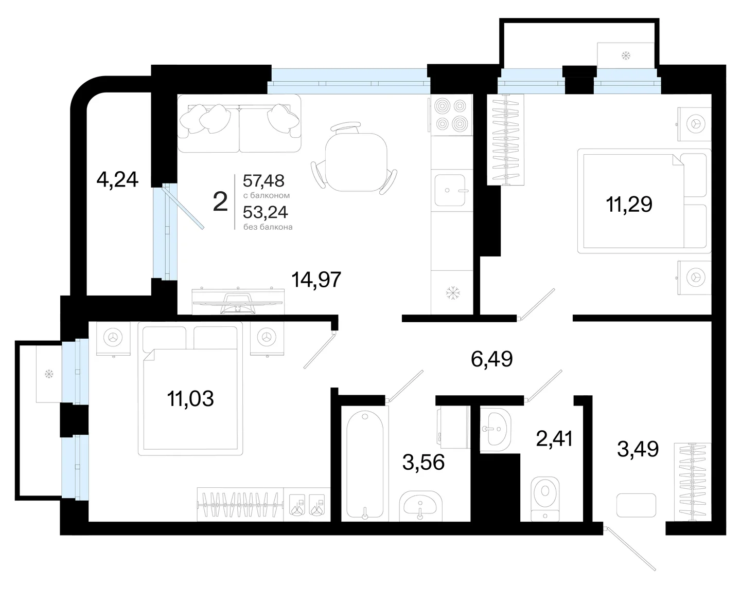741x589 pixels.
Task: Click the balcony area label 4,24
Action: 117,180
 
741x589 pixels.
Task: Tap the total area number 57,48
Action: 263,180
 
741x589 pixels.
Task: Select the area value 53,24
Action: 265,212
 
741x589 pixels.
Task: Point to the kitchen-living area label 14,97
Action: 316,280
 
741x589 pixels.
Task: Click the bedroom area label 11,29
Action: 629,205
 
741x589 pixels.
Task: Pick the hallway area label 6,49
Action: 492,360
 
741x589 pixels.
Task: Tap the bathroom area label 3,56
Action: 423,462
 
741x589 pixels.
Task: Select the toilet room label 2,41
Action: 554,438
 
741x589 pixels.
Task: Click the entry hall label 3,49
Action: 638,449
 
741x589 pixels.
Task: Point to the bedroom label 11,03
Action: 190,399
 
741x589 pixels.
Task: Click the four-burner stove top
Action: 451,115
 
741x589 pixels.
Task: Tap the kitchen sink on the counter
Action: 450,190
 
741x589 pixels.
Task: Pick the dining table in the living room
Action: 357,162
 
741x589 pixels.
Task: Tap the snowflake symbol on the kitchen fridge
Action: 453,293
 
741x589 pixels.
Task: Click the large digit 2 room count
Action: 220,201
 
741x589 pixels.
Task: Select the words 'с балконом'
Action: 267,195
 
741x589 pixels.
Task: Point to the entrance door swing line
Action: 631,549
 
